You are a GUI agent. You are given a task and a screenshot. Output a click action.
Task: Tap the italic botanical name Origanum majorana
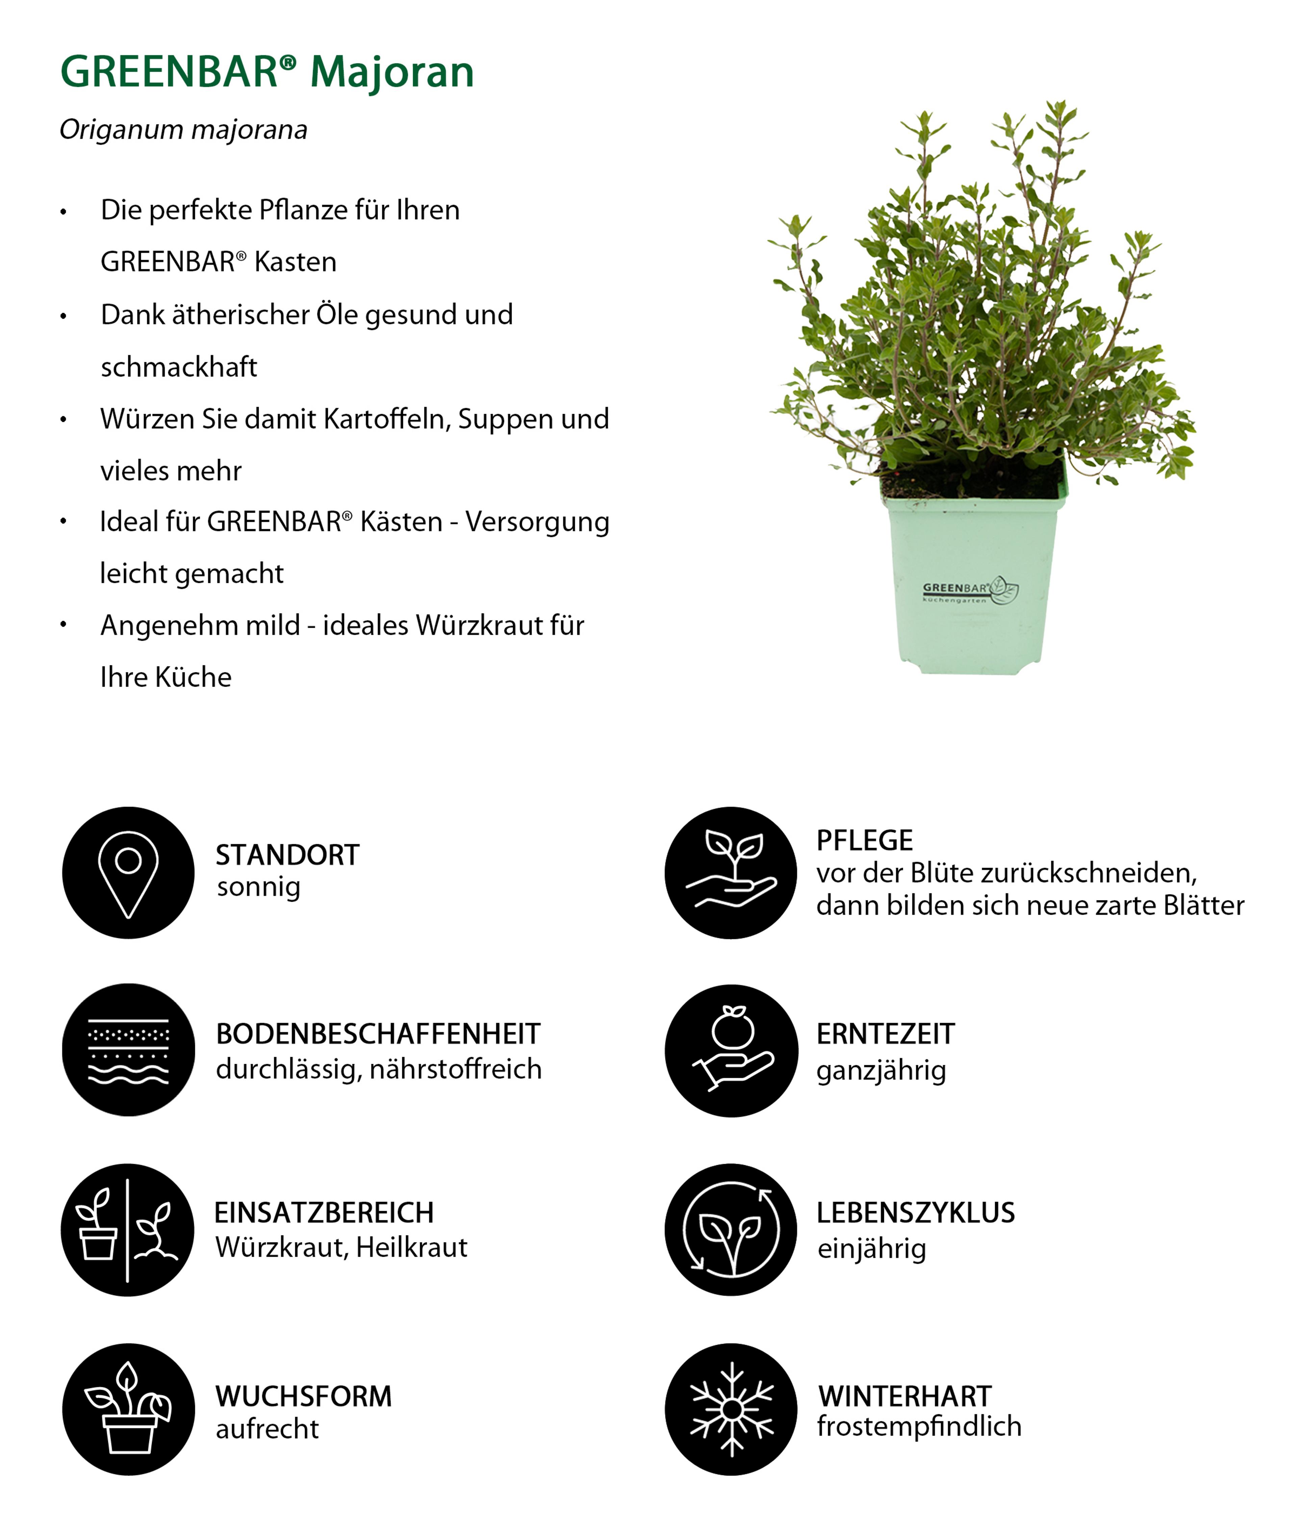(183, 130)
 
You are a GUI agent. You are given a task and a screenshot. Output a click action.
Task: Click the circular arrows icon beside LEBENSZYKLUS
(731, 1230)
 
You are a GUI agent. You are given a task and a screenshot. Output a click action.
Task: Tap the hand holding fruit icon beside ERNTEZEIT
(731, 1050)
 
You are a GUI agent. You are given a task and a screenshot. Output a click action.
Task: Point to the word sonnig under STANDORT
(258, 887)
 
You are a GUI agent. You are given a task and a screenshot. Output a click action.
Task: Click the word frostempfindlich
(919, 1426)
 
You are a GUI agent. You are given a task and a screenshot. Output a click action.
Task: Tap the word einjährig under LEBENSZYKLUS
(871, 1249)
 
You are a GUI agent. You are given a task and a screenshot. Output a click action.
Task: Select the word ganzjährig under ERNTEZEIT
(881, 1071)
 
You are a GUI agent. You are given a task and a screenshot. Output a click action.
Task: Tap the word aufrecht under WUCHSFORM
(267, 1428)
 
